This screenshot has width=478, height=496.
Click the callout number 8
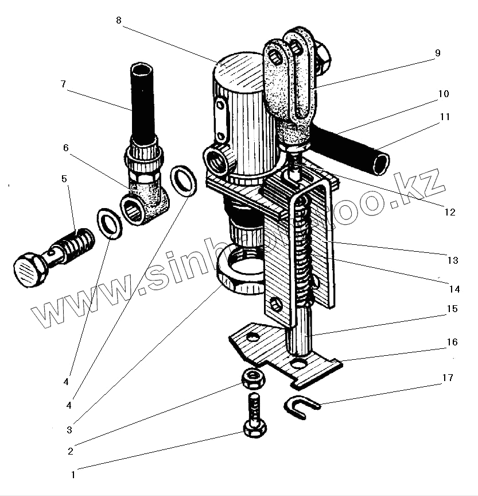click(x=118, y=20)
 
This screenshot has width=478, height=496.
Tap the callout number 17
click(x=448, y=378)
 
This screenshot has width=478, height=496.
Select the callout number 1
click(x=73, y=475)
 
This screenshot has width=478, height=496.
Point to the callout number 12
click(x=449, y=212)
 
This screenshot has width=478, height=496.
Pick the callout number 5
click(x=64, y=179)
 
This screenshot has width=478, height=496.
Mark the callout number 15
click(x=452, y=309)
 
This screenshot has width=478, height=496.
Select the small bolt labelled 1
click(x=253, y=420)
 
